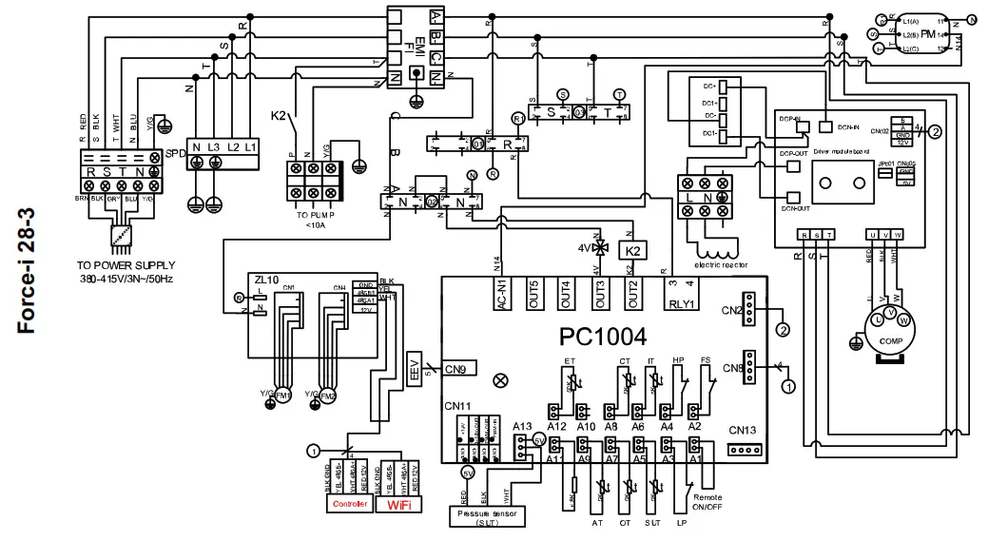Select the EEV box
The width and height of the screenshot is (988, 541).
click(415, 370)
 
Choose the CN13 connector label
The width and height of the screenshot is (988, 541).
click(742, 430)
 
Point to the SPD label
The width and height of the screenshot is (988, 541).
click(175, 154)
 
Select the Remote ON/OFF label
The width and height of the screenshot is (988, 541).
click(714, 502)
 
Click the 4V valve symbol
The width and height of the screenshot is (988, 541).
click(598, 249)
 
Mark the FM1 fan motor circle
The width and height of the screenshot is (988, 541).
click(283, 396)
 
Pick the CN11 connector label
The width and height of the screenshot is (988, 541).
click(457, 406)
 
